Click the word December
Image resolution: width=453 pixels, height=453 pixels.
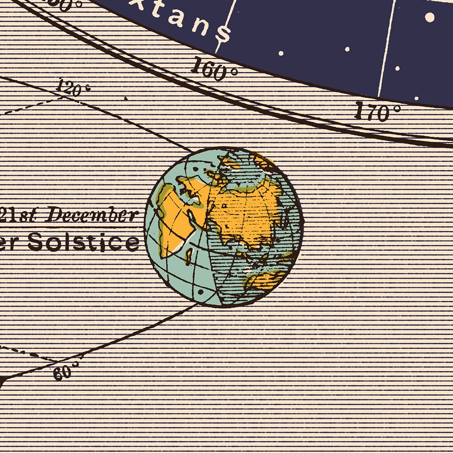[91, 216]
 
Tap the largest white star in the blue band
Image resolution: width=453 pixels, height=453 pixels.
[430, 17]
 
